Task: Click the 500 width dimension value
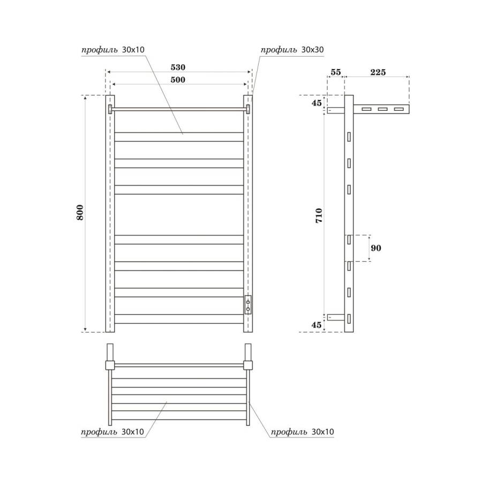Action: tap(178, 80)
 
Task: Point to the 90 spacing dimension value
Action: tap(375, 248)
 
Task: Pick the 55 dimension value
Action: tap(335, 72)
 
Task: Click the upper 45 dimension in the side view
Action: tap(317, 103)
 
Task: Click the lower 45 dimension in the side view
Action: tap(317, 325)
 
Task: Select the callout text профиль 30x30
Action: tap(292, 50)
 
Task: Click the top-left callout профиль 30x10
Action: tap(113, 50)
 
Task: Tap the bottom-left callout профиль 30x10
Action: tap(113, 432)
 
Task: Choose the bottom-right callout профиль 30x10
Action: tap(303, 432)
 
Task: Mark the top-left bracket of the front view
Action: tap(110, 109)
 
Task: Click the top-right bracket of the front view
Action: tap(248, 109)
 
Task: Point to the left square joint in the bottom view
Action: tap(110, 365)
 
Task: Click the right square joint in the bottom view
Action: tap(248, 365)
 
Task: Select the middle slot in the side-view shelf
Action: tap(382, 109)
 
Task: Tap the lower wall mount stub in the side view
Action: tap(335, 317)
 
